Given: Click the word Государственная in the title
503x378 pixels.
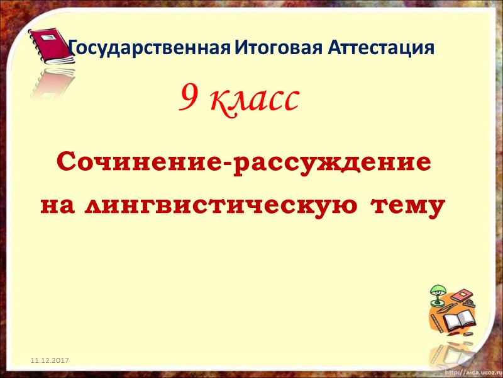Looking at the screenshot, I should [150, 48].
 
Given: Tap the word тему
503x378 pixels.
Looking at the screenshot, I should [408, 205].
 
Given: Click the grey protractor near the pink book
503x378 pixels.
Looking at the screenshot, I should [468, 305].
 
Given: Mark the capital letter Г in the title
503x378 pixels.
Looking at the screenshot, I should [72, 48].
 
